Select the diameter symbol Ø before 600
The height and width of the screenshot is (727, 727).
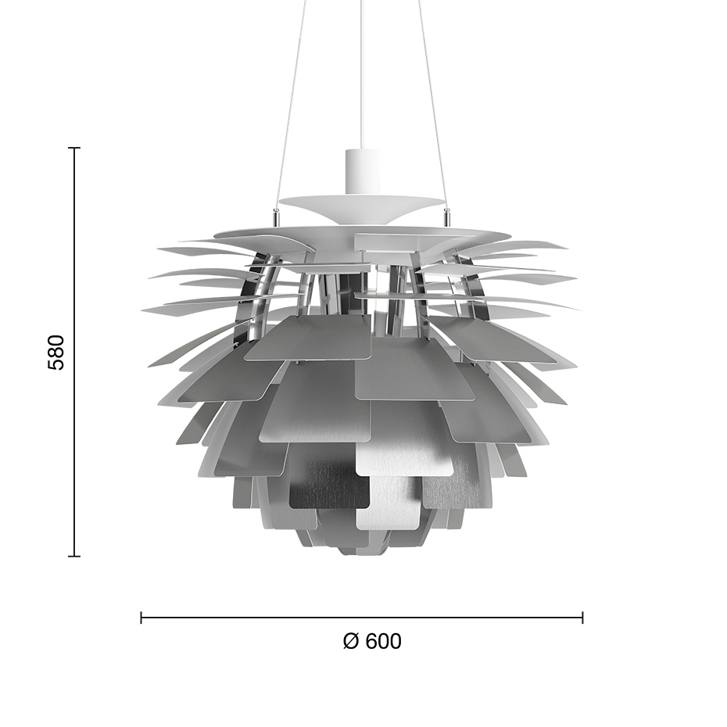tap(351, 641)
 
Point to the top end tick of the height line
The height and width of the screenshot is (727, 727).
tap(75, 148)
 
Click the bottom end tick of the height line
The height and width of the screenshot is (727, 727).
tap(75, 556)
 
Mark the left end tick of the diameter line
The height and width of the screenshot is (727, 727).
tap(141, 618)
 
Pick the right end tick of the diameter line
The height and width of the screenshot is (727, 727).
tap(582, 618)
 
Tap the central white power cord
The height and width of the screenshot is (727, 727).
tap(362, 70)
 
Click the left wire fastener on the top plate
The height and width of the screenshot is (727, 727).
tap(275, 212)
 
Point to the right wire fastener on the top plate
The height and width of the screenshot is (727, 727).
tap(447, 212)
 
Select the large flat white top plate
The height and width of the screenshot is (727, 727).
tap(361, 233)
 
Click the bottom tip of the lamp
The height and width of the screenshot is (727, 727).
tap(361, 552)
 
